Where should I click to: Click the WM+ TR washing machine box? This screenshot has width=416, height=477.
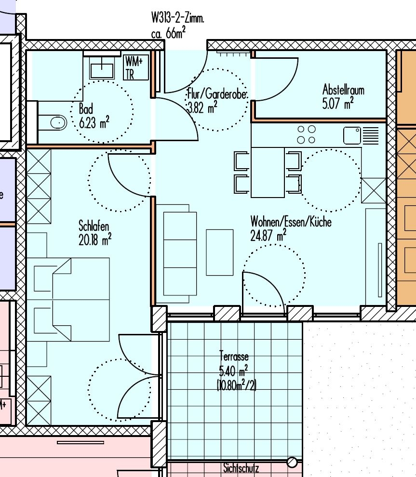136,67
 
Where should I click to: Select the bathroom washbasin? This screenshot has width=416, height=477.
102,68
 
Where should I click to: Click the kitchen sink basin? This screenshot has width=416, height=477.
352,135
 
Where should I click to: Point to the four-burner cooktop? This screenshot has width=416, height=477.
306,134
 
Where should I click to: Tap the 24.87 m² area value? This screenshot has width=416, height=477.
268,235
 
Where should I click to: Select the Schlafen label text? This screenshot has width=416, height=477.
94,226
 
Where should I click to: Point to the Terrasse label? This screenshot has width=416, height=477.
234,356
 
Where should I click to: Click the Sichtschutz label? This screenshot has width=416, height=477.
241,468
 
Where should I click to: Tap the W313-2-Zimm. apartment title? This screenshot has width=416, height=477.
178,18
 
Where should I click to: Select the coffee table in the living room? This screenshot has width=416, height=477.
220,252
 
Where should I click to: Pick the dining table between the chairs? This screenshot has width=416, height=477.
268,172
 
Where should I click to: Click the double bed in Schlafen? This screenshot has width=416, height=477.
68,300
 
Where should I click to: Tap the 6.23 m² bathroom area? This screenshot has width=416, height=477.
94,122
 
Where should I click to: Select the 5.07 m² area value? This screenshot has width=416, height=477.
338,103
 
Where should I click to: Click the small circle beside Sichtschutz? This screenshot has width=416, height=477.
292,463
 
